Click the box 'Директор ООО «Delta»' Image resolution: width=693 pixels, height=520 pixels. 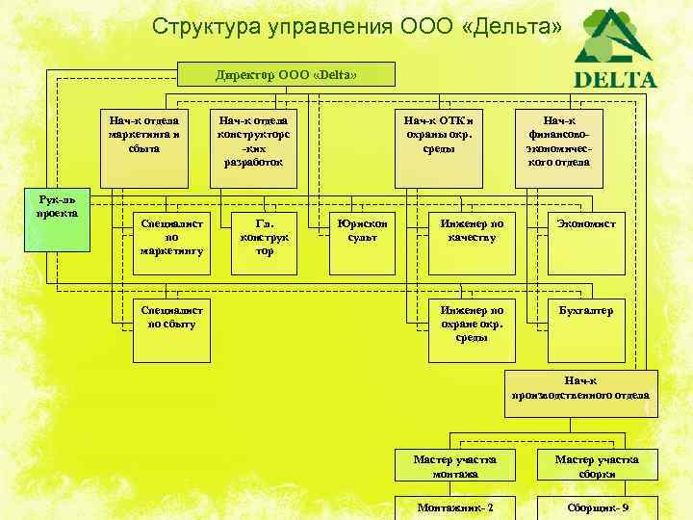click(287, 74)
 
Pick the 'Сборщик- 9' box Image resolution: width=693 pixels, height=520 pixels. click(598, 507)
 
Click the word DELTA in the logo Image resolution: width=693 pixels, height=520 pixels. click(615, 80)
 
